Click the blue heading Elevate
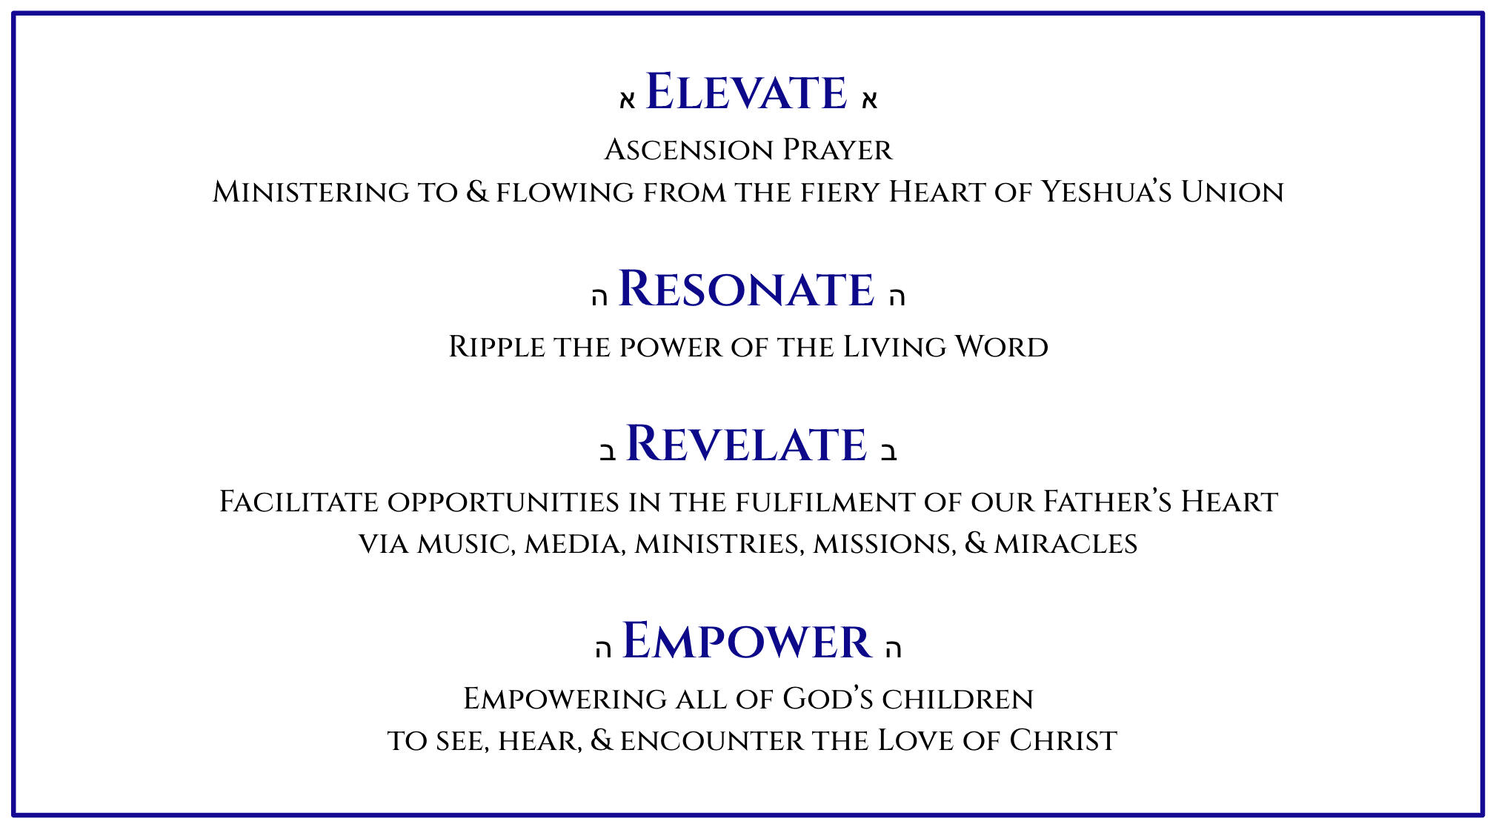click(746, 92)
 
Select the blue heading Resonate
click(746, 288)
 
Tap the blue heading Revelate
click(746, 444)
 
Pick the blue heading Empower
click(746, 641)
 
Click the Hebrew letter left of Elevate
click(628, 100)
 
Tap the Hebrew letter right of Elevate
click(869, 100)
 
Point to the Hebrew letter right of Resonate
click(897, 296)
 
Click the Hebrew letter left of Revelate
click(608, 452)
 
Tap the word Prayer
click(838, 150)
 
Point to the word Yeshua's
click(1106, 192)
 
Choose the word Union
click(1232, 192)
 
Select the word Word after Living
click(1001, 347)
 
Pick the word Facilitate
click(299, 502)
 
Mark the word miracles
click(1066, 544)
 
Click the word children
click(957, 699)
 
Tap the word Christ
click(1063, 740)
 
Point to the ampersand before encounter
click(602, 740)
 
